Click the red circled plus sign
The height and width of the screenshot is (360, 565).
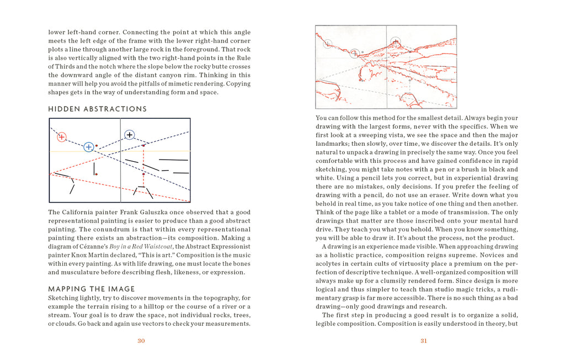click(x=61, y=137)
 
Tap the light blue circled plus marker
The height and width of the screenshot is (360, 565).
click(x=88, y=147)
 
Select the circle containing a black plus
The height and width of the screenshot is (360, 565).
click(x=129, y=134)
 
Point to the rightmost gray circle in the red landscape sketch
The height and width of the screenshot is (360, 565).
click(x=395, y=41)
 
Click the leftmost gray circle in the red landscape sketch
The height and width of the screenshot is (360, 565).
click(x=328, y=43)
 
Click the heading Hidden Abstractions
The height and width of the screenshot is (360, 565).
click(x=98, y=109)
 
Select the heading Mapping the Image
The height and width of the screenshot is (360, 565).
click(x=92, y=289)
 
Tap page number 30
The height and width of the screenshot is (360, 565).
click(x=141, y=341)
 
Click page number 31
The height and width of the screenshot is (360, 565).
click(x=424, y=341)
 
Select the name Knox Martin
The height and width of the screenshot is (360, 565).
click(x=87, y=255)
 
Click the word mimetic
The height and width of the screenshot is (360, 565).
click(x=186, y=84)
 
